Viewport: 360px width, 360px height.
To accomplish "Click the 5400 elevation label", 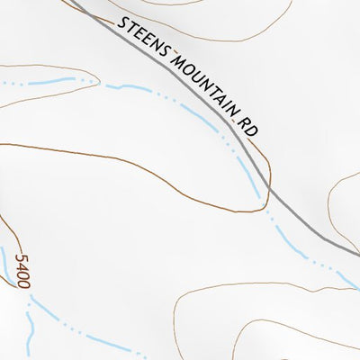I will click(24, 271).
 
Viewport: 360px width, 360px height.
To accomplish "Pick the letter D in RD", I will click(252, 130).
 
